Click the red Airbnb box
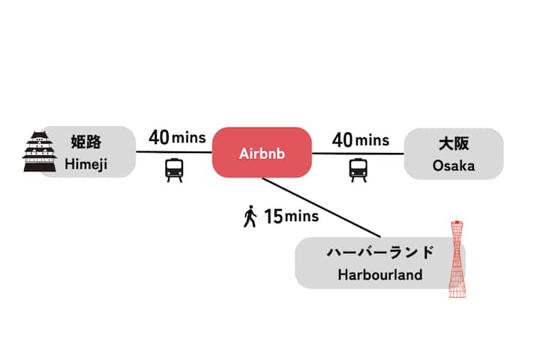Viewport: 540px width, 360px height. [x=262, y=153]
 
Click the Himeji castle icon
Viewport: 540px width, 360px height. [x=39, y=152]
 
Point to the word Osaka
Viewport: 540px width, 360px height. [x=453, y=166]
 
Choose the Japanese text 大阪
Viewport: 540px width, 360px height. [x=453, y=143]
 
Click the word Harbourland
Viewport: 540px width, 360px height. [x=380, y=275]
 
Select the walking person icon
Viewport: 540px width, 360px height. [x=250, y=217]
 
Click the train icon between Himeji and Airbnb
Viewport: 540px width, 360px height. [x=174, y=169]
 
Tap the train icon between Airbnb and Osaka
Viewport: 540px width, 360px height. [x=358, y=169]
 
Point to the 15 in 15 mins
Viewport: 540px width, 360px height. [x=274, y=217]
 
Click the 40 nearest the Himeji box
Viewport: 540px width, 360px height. [x=159, y=138]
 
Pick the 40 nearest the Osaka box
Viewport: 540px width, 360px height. [x=343, y=139]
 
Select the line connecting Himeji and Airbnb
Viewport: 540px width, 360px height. [x=174, y=152]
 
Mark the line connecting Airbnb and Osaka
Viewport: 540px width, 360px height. [x=358, y=154]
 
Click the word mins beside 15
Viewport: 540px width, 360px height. [x=302, y=218]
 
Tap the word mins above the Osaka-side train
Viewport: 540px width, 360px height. [x=372, y=140]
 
